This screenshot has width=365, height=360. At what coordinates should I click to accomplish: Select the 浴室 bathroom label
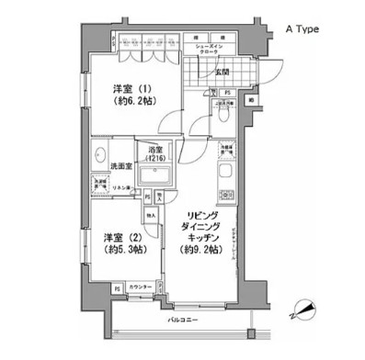155,150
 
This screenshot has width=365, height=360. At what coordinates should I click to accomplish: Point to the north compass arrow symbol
300,315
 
